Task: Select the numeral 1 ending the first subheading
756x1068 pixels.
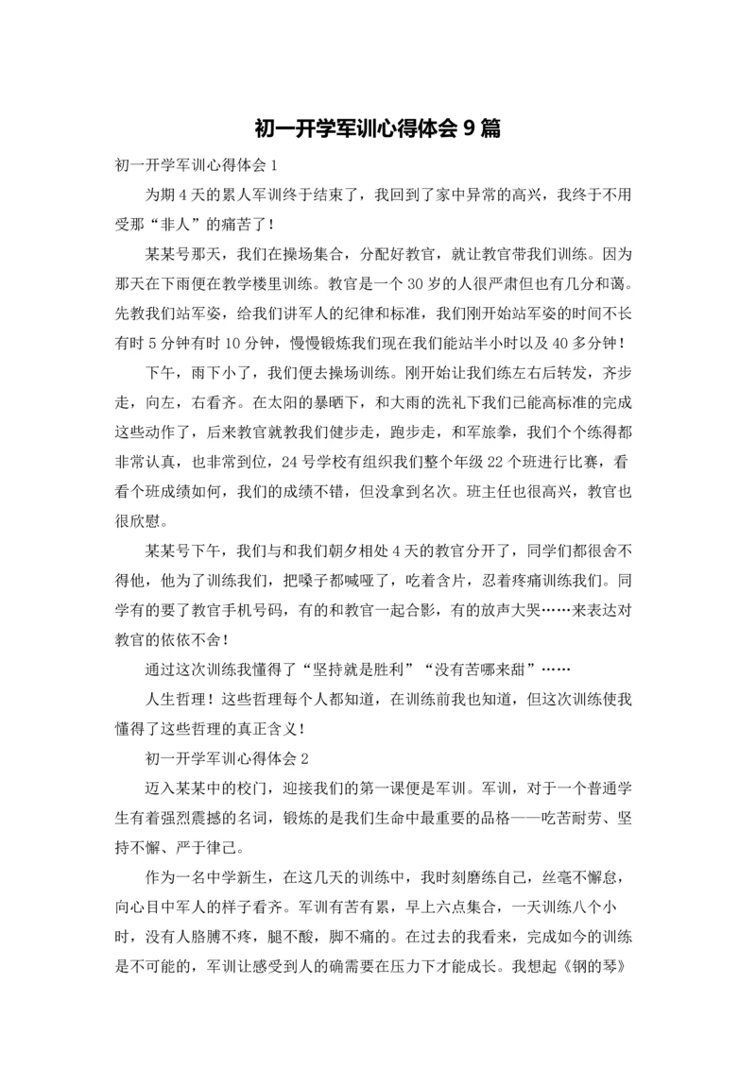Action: [275, 165]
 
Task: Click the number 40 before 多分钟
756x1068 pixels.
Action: [558, 341]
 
